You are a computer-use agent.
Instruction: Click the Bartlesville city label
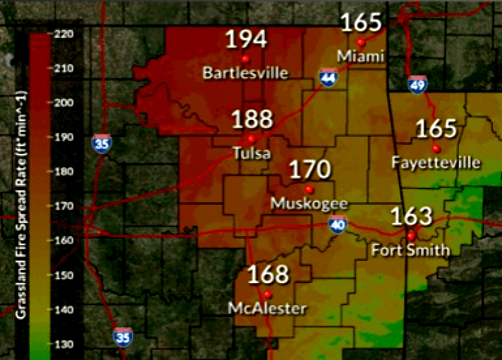click(x=245, y=73)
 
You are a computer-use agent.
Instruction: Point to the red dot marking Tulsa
click(x=251, y=138)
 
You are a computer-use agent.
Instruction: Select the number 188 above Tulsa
click(x=252, y=120)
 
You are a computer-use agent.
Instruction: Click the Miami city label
click(x=361, y=56)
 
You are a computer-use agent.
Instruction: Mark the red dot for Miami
click(x=361, y=42)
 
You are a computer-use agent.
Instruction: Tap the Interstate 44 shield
click(x=328, y=78)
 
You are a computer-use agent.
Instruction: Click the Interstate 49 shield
click(x=418, y=84)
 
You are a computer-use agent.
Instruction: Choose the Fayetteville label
click(x=436, y=163)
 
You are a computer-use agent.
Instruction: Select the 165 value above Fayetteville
click(x=436, y=129)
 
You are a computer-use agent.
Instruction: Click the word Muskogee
click(x=309, y=204)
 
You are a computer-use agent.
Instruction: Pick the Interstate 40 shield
click(x=338, y=225)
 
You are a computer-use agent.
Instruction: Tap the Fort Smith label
click(x=411, y=250)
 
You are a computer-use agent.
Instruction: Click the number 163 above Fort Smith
click(x=412, y=217)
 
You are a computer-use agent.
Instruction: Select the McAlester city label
click(x=267, y=308)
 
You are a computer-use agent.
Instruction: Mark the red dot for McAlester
click(x=267, y=294)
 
